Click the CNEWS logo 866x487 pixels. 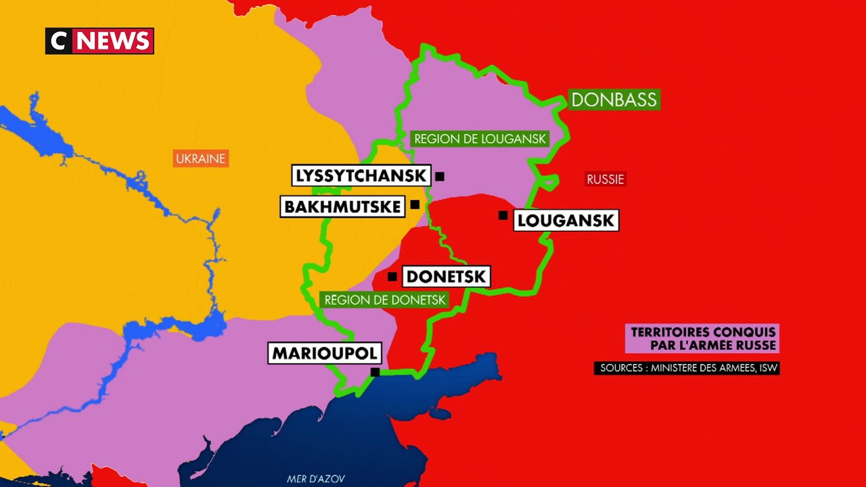coord(99,41)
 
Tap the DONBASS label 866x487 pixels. coord(614,99)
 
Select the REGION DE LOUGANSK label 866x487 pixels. coord(479,139)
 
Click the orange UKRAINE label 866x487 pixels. coord(200,159)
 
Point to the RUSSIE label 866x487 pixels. coord(605,179)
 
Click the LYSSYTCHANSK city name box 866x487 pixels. coord(361,176)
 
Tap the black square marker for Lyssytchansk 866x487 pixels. coord(440,177)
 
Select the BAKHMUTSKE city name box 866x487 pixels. coord(343,206)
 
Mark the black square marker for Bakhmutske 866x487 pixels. coord(415,204)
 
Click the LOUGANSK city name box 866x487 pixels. coord(566,220)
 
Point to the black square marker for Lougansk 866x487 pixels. coord(503,215)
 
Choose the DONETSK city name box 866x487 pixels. coord(445,277)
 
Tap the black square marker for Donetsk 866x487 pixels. coord(392,277)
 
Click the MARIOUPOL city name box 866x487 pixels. coord(324,353)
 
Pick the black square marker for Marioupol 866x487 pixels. coord(375,372)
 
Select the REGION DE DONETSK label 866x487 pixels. coord(384,300)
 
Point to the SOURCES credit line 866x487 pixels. coord(687,369)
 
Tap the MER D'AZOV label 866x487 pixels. coord(316,479)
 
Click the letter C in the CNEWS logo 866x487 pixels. coord(59,41)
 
